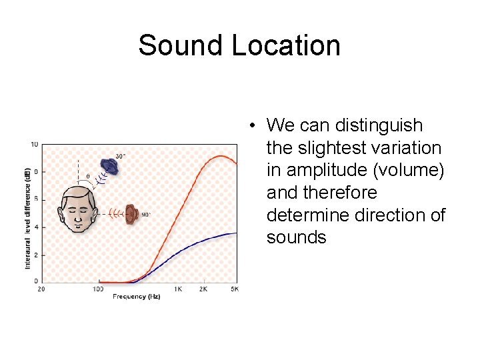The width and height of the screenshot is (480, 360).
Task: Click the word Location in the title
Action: pyautogui.click(x=286, y=46)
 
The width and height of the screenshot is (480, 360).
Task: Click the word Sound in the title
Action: pyautogui.click(x=181, y=46)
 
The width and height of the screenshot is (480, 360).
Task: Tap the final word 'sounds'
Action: pyautogui.click(x=296, y=238)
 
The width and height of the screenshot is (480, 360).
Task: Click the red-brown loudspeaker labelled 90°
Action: pyautogui.click(x=131, y=213)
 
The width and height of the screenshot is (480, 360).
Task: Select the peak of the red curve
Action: pyautogui.click(x=220, y=156)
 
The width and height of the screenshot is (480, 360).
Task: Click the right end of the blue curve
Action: pyautogui.click(x=237, y=233)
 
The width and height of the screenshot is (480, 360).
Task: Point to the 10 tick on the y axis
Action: pyautogui.click(x=34, y=144)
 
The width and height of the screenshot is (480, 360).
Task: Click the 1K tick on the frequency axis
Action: pyautogui.click(x=178, y=289)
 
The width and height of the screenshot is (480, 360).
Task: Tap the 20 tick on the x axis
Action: pyautogui.click(x=41, y=289)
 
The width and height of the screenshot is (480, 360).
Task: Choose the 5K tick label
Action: pyautogui.click(x=234, y=289)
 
